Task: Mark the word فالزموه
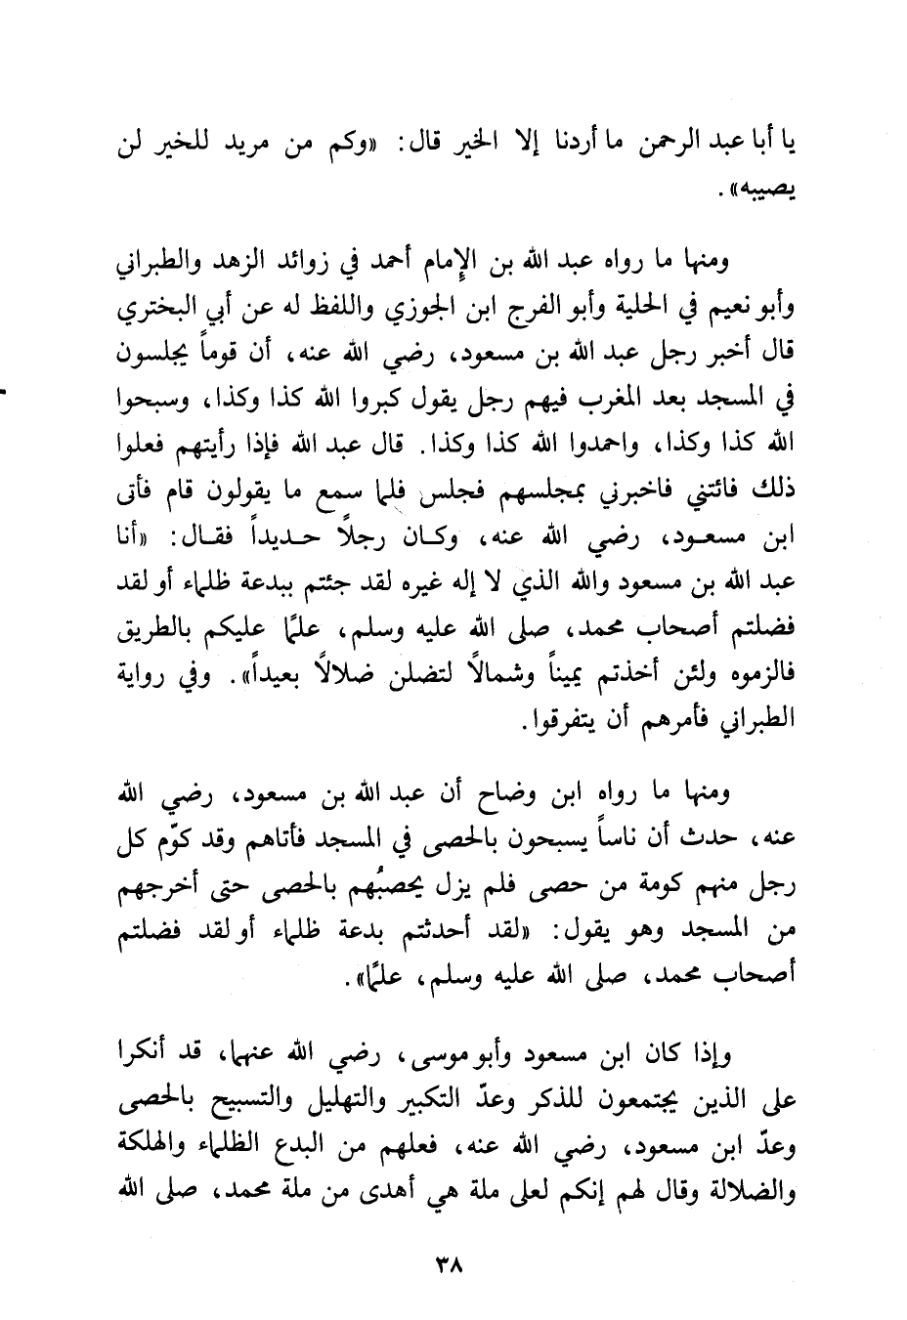[762, 674]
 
